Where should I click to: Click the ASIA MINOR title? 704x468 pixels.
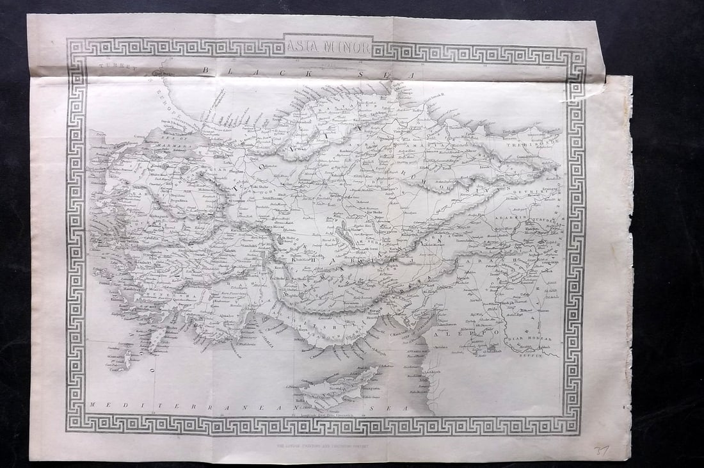point(327,46)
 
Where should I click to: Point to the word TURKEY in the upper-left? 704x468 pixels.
point(114,68)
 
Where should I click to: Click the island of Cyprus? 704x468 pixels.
point(339,385)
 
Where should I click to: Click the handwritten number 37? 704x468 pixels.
point(601,451)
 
